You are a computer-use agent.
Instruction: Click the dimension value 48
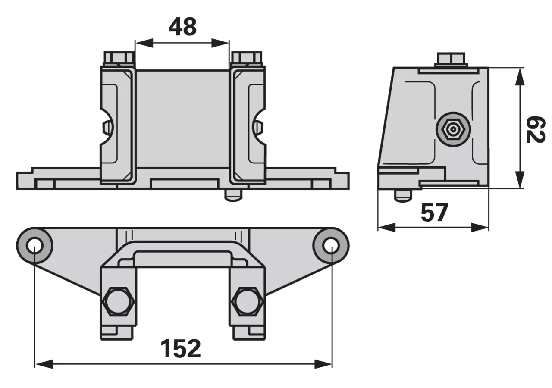(182, 27)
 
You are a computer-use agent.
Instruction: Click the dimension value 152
(181, 348)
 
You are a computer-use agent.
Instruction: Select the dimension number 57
(434, 213)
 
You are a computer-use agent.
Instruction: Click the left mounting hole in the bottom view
(35, 245)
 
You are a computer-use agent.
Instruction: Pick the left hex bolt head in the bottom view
(118, 301)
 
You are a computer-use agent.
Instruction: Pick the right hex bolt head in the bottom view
(248, 301)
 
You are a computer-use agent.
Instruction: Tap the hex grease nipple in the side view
(453, 129)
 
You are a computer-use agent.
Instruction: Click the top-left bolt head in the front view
(119, 59)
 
